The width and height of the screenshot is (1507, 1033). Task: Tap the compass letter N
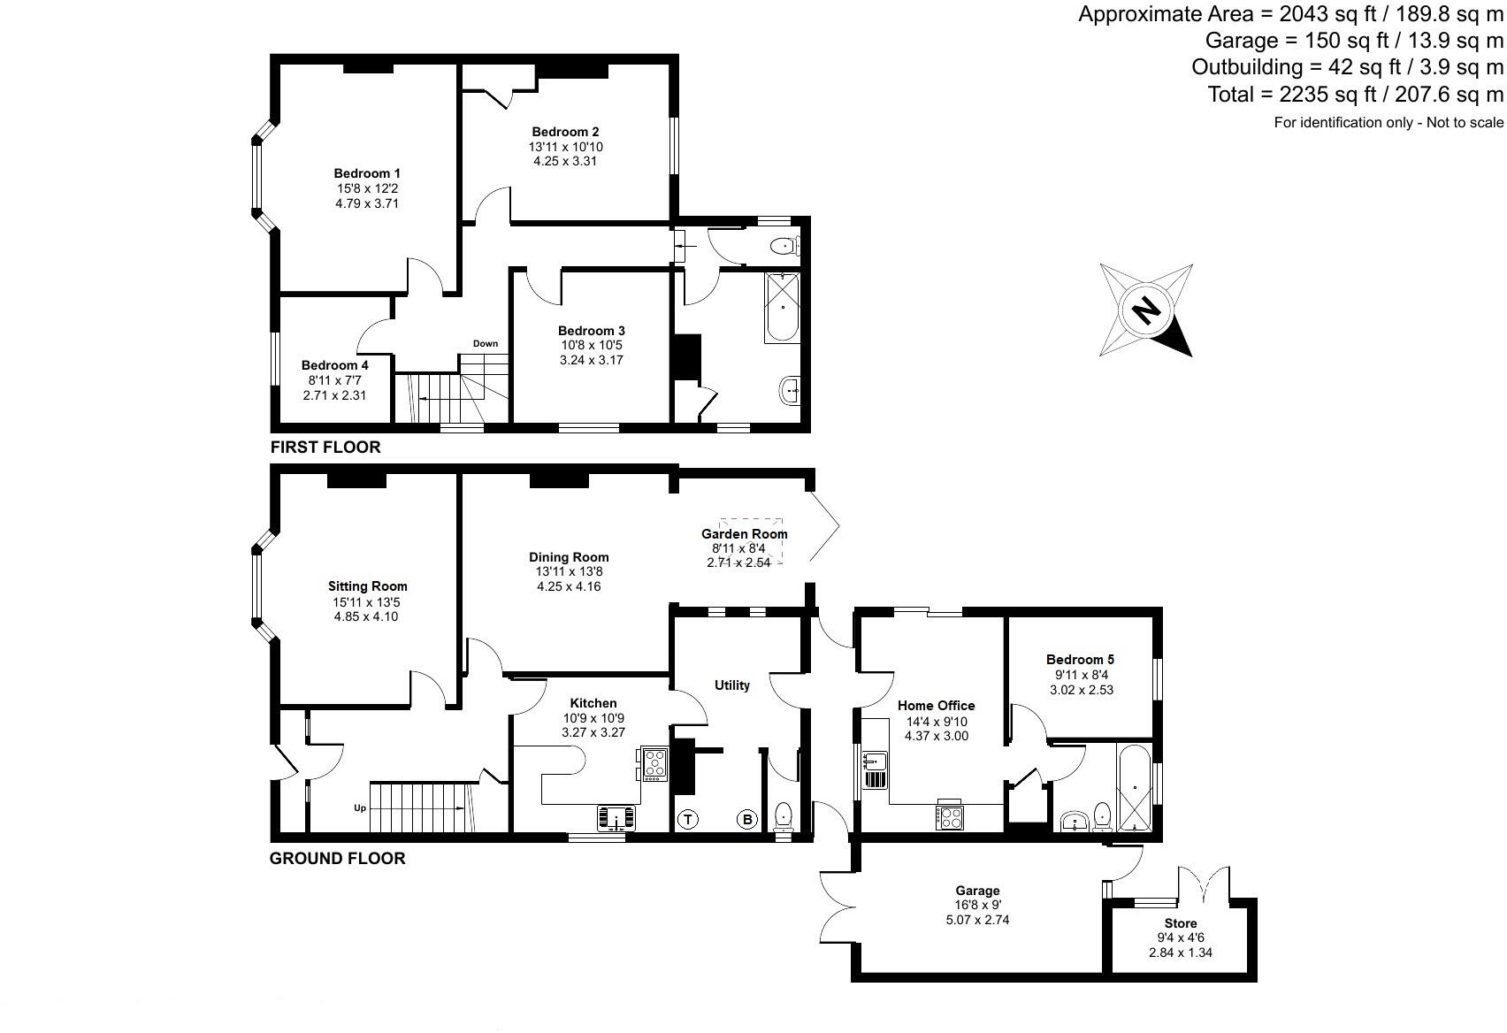(x=1146, y=310)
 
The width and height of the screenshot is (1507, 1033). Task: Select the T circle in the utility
(x=687, y=820)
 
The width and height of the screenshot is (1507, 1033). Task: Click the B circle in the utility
(x=747, y=820)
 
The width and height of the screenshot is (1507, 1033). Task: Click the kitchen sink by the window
(x=616, y=818)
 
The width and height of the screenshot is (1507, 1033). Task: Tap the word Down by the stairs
(x=485, y=343)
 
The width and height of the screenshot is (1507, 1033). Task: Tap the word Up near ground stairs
(x=360, y=807)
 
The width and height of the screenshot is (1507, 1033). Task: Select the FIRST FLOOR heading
(x=325, y=448)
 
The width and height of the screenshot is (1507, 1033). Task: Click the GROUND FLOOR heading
(x=337, y=858)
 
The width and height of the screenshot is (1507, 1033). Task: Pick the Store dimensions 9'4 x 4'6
(x=1180, y=938)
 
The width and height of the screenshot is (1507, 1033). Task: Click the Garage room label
(x=977, y=891)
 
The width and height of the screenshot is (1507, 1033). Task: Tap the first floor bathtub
(x=783, y=308)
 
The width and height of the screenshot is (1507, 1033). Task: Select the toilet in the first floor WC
(x=783, y=246)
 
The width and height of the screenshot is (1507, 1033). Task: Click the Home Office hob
(x=950, y=815)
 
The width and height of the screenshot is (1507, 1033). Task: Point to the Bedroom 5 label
(x=1080, y=659)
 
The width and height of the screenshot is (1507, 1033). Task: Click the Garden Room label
(x=744, y=533)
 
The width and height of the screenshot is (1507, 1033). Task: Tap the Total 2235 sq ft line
(x=1355, y=94)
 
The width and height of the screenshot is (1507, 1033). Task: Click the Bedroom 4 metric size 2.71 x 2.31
(x=334, y=395)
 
